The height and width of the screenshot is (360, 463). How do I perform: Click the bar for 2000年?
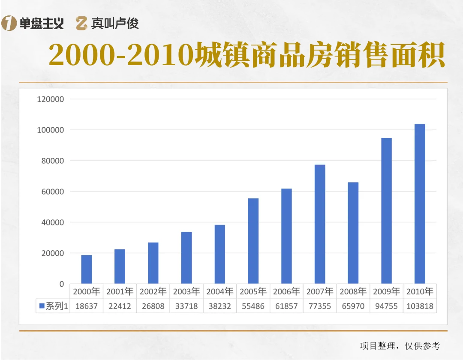(87, 269)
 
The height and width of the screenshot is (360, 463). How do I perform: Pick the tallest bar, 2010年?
(420, 204)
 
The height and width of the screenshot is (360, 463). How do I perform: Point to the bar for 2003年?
(186, 258)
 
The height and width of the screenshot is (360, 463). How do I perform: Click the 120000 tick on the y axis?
(51, 99)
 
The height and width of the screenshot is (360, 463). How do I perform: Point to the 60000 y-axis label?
(53, 192)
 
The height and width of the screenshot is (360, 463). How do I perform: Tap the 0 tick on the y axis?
(61, 284)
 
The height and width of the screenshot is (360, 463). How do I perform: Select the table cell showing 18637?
(87, 306)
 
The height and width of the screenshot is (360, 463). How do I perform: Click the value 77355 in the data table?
(320, 306)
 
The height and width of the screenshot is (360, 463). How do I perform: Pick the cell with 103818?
(420, 306)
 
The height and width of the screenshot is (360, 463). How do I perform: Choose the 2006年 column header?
(286, 292)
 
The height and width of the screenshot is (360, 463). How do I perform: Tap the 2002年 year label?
(153, 292)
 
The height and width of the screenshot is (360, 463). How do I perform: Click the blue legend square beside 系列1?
(42, 306)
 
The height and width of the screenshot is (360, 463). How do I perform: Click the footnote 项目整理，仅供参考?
(400, 345)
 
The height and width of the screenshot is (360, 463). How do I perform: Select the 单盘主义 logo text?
(42, 24)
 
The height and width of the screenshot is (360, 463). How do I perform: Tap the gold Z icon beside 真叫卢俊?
(82, 24)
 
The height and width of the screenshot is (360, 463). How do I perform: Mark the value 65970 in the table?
(353, 306)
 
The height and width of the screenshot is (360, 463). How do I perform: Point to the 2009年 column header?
(386, 292)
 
